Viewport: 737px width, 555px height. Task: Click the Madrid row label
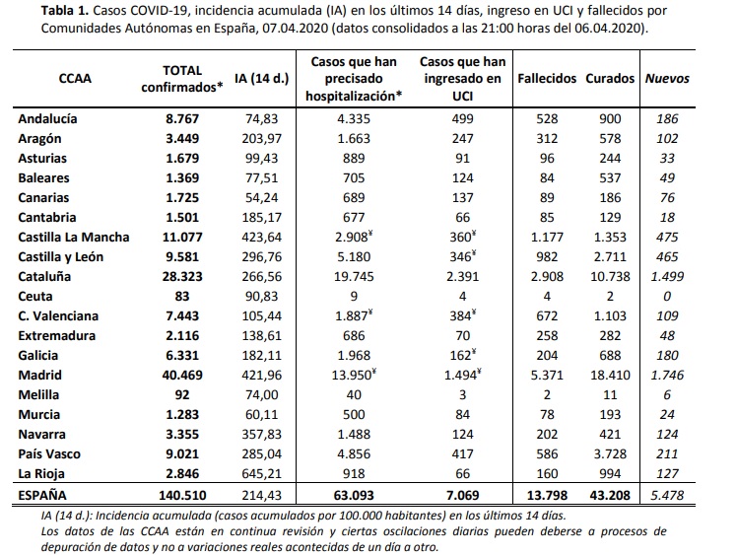(39, 375)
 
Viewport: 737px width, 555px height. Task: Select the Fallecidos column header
(544, 78)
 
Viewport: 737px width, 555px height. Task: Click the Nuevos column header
(667, 78)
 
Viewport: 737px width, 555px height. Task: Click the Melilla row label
(39, 394)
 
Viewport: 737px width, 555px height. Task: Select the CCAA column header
(75, 78)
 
